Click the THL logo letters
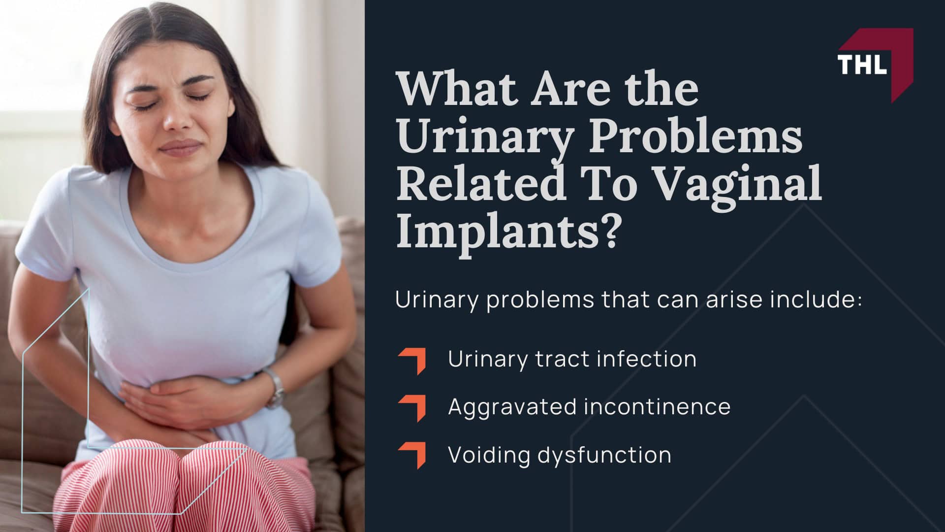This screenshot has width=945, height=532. (862, 65)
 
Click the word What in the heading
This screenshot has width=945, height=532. (458, 88)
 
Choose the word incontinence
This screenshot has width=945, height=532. (658, 406)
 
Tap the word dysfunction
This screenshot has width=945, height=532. (604, 454)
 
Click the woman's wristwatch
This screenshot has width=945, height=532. (275, 387)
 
